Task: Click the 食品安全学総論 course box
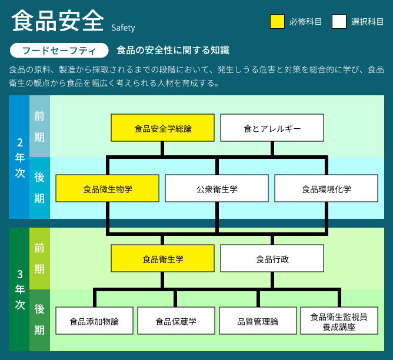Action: pos(162,128)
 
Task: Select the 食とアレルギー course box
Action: pos(272,128)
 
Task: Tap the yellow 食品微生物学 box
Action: pos(107,188)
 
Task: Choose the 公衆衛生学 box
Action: pos(217,188)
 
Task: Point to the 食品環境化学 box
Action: pos(327,188)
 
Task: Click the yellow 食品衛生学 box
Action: pos(162,258)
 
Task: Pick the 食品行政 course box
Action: pos(272,258)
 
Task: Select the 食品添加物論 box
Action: pos(94,321)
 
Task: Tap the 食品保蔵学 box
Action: pos(176,321)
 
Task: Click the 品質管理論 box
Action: pos(258,321)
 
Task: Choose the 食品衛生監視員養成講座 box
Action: pos(339,321)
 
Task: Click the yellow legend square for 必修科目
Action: pos(277,22)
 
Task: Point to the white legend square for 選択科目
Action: pos(339,22)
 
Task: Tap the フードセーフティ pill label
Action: pos(59,51)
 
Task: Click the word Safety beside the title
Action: pos(123,28)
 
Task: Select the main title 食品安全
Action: pos(58,21)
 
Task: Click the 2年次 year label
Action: pos(20,158)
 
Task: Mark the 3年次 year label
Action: pos(20,289)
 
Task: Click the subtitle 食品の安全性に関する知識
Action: pos(173,50)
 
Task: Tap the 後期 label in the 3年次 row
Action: pos(39,319)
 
